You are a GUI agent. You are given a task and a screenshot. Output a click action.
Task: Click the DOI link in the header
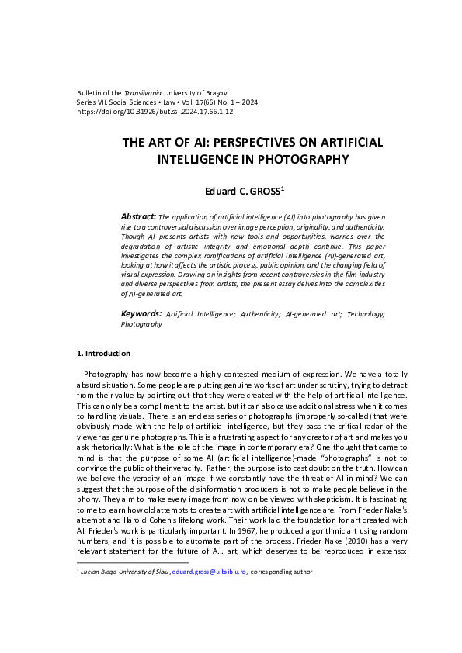[x=155, y=112]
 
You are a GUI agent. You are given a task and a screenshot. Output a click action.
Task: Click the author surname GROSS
[x=261, y=190]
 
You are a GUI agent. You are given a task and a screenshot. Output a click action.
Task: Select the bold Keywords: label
[x=141, y=314]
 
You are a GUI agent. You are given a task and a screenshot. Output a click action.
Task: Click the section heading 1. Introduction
[x=104, y=354]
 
